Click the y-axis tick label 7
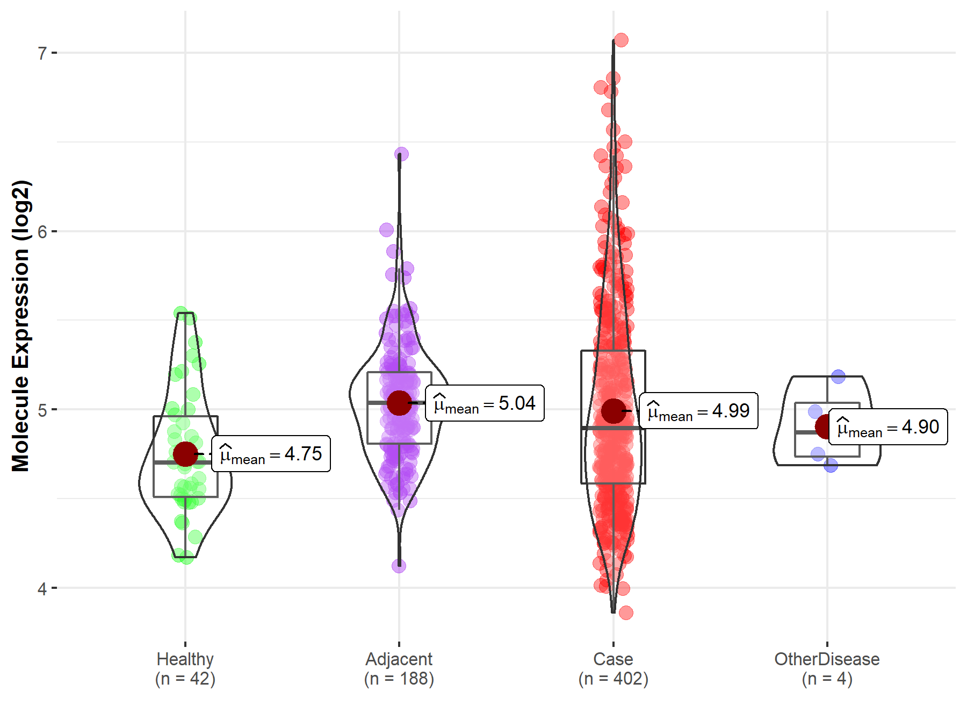pos(42,53)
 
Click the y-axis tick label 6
pos(42,232)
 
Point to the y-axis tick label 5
pos(42,410)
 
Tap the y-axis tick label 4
pos(42,589)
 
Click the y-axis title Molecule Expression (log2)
pos(20,326)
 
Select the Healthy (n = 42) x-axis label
pos(185,669)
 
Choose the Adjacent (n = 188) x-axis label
pos(399,669)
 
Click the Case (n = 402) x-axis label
pos(613,669)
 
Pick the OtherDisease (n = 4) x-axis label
pos(827,669)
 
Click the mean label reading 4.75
pos(271,454)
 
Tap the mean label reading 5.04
pos(485,403)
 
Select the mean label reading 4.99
pos(698,411)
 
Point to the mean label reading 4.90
pos(888,427)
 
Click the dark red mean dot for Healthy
pos(185,454)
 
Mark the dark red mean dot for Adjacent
pos(399,403)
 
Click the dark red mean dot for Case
pos(613,411)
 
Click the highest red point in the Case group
pos(621,40)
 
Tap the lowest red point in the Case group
pos(625,613)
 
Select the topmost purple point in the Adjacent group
pos(401,154)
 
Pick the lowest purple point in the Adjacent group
pos(399,566)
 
